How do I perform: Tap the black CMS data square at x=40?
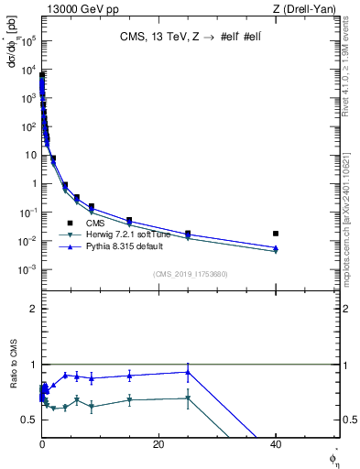click(276, 234)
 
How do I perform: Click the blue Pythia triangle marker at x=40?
click(276, 247)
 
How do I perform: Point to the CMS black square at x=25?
click(188, 234)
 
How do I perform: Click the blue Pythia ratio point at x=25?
click(188, 371)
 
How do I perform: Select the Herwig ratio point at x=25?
click(188, 398)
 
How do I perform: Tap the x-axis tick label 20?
click(158, 443)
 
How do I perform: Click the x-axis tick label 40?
click(275, 443)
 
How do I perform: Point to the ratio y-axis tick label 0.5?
click(32, 420)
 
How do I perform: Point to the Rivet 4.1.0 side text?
click(352, 69)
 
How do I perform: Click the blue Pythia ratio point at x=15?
click(129, 376)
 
